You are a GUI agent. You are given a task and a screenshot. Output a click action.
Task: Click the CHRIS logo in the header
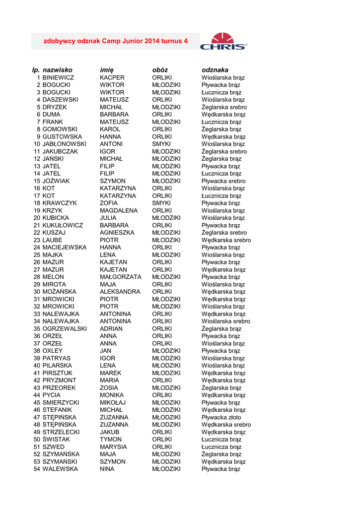click(223, 41)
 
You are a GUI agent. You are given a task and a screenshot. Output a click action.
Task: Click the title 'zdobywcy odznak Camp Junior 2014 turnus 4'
click(116, 41)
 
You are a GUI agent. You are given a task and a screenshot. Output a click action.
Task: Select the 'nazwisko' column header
click(58, 70)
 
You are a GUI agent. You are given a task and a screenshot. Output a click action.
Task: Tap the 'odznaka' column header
click(215, 70)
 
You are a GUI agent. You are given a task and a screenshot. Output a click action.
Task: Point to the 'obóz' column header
click(160, 70)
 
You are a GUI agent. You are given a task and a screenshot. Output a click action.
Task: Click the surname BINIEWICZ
click(58, 78)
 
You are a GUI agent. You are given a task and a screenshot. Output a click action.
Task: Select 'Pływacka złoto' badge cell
click(221, 417)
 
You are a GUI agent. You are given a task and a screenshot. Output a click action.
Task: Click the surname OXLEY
click(53, 351)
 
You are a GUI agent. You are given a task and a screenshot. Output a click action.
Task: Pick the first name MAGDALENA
click(119, 210)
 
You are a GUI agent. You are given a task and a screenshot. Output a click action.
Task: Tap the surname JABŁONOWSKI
click(64, 144)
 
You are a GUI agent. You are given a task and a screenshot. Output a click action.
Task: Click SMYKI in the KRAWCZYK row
click(161, 203)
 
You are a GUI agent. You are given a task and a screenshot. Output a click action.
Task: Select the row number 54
click(37, 469)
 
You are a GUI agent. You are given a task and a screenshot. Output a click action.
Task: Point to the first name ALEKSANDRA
click(120, 292)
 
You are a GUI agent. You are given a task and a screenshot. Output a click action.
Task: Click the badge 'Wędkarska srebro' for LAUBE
click(226, 240)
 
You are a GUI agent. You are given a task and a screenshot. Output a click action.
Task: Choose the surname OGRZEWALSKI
click(65, 328)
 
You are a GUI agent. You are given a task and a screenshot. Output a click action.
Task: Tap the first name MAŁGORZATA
click(121, 277)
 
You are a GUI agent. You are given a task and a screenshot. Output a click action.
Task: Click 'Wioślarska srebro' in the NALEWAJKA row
click(226, 321)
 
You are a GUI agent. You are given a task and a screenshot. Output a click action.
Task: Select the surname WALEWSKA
click(60, 469)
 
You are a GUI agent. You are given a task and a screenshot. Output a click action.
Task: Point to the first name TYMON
click(111, 439)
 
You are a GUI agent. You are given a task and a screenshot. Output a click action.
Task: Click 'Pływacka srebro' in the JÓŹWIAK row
click(223, 181)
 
